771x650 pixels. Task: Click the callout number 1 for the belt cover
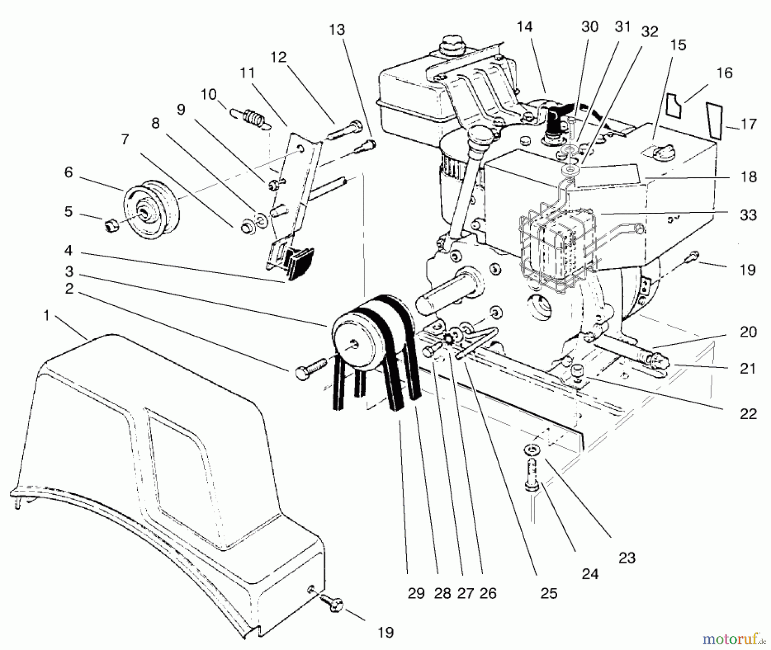tap(46, 316)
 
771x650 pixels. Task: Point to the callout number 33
tap(748, 215)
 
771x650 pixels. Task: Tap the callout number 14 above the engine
tap(524, 27)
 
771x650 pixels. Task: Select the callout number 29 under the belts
tap(416, 593)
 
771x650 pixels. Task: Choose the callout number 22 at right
tap(748, 414)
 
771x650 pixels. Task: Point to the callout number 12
tap(278, 57)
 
